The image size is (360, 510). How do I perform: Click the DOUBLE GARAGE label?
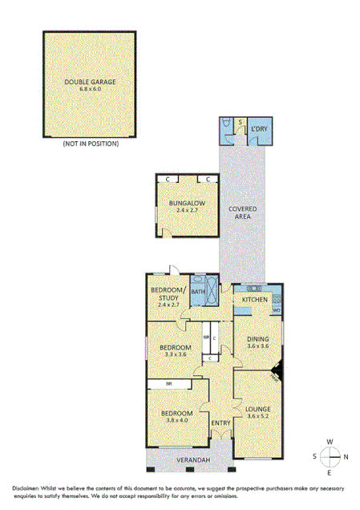point(90,82)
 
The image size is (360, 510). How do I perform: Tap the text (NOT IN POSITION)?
point(90,144)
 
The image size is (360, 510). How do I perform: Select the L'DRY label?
point(259,129)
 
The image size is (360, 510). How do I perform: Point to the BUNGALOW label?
point(188,204)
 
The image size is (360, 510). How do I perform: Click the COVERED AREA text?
point(243,212)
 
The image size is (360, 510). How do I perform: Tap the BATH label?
point(197,292)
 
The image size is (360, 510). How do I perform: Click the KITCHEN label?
point(255,299)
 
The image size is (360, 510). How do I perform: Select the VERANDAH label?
point(193,460)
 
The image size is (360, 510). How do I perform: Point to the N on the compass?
point(345,457)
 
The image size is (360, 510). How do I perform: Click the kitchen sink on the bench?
point(255,288)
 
